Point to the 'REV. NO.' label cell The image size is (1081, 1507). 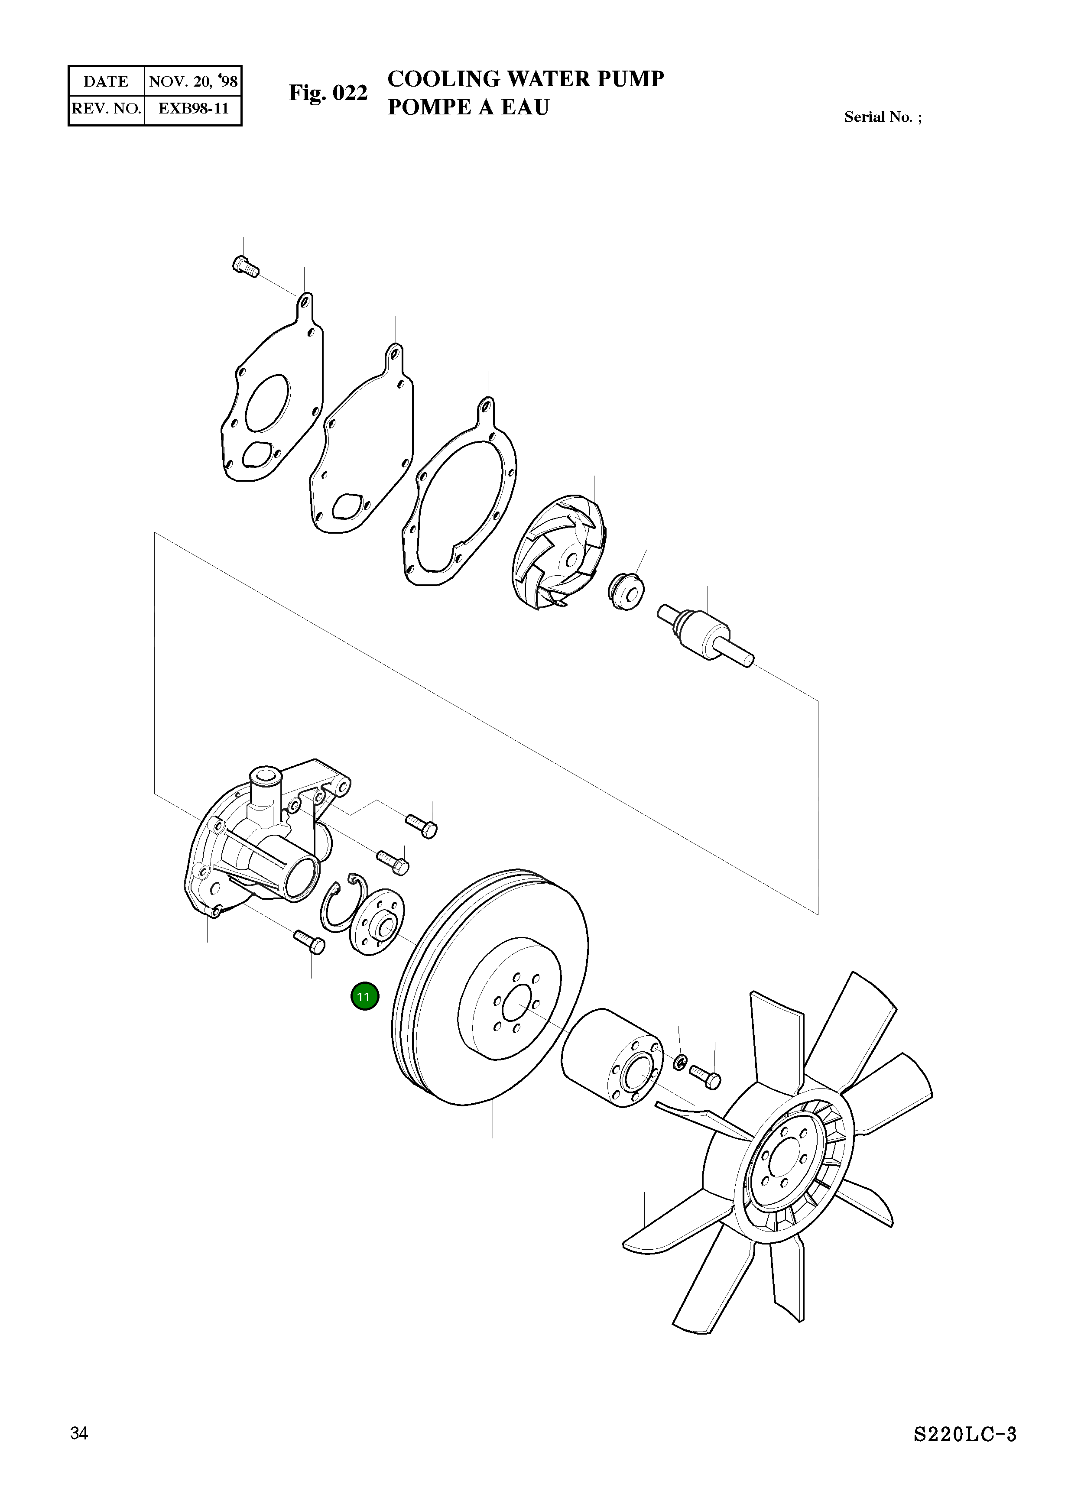coord(106,109)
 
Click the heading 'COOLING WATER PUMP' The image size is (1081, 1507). coord(526,79)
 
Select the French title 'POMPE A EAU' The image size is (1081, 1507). coord(468,107)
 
